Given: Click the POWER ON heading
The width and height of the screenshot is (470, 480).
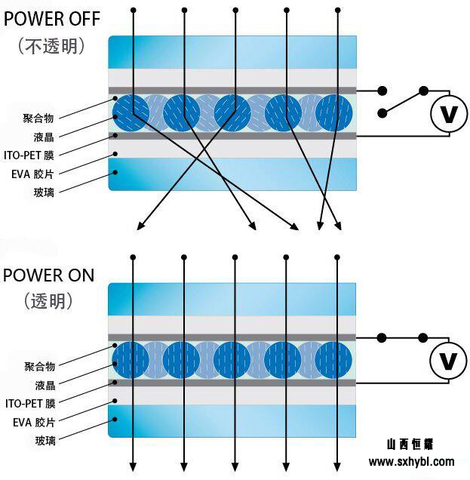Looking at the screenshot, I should point(48,275).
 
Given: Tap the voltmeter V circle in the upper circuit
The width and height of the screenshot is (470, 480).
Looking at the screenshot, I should point(449,114).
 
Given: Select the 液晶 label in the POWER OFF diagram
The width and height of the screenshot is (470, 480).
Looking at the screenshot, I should point(44,137).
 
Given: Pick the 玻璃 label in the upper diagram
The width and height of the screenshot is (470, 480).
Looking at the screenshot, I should point(44,192).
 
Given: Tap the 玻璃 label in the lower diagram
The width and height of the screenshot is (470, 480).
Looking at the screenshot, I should point(45,440).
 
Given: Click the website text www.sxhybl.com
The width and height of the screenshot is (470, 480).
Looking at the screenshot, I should point(411,461).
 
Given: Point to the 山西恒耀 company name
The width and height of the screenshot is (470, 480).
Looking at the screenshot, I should point(410,445).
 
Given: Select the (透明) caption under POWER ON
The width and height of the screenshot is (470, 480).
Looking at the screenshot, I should point(48,300).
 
